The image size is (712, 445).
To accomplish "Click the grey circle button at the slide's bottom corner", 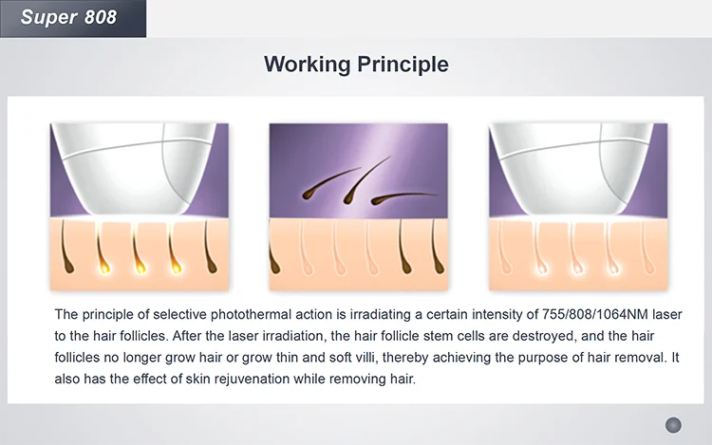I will pos(673,424).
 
